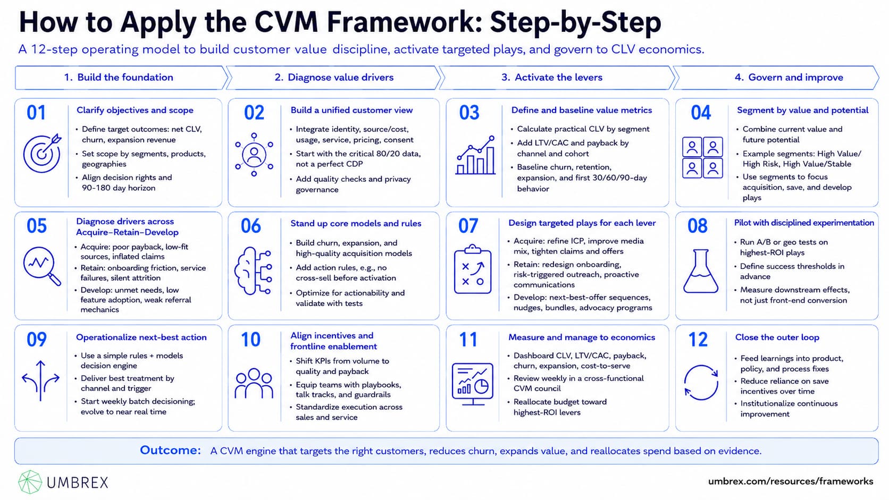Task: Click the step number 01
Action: click(36, 113)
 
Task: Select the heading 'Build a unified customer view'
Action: click(351, 110)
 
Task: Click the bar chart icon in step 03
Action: click(475, 155)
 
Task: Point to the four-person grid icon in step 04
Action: click(702, 157)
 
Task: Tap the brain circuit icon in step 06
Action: click(253, 271)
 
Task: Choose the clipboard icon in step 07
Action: click(473, 269)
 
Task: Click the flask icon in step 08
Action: click(701, 271)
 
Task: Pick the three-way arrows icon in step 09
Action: click(40, 380)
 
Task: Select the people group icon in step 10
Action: click(254, 383)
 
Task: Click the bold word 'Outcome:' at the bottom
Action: click(170, 451)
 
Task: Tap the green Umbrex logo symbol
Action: click(30, 482)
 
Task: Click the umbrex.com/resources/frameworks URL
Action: click(791, 481)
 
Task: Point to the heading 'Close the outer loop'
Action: click(777, 337)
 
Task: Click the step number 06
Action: click(251, 226)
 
